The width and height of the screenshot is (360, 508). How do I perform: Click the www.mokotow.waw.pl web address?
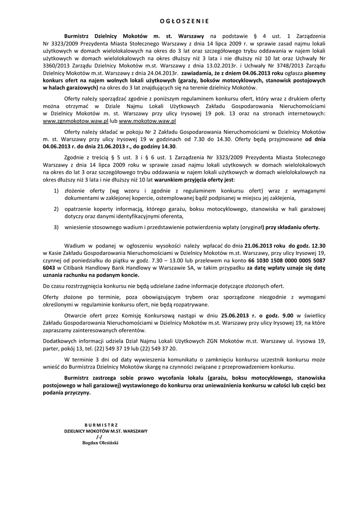click(x=147, y=121)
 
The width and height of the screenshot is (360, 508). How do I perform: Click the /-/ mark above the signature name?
click(x=99, y=437)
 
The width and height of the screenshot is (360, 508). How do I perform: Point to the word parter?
click(x=53, y=349)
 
